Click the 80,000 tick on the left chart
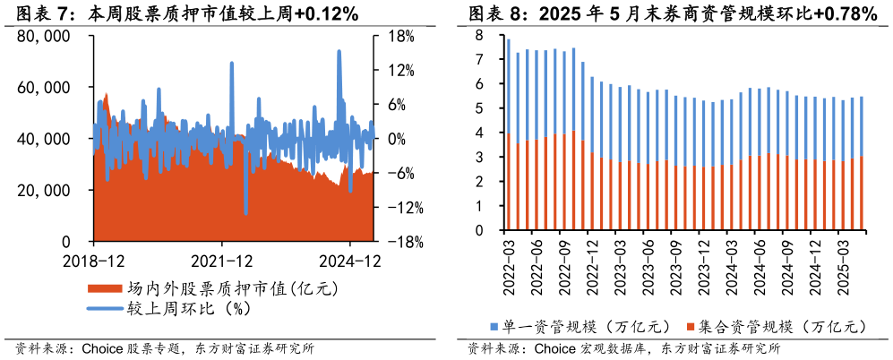point(44,37)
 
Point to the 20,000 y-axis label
point(44,191)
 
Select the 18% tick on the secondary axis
point(400,37)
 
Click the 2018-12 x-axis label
point(94,261)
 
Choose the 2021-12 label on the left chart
point(221,261)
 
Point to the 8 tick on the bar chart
point(479,36)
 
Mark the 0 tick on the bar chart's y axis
point(479,230)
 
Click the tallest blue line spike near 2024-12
point(339,52)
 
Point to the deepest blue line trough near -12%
point(245,211)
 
